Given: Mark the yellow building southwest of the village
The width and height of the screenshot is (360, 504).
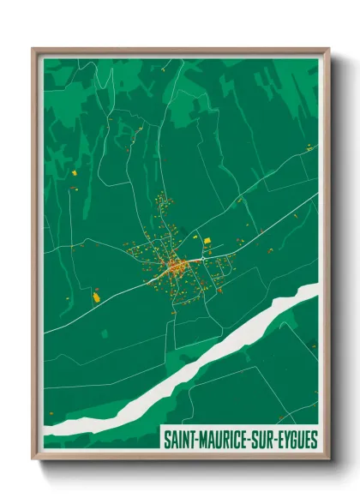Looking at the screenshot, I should coord(97,297).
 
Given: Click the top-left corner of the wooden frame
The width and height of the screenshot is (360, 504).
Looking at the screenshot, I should coord(33,49).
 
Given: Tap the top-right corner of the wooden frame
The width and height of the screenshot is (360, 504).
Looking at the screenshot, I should coord(327,49).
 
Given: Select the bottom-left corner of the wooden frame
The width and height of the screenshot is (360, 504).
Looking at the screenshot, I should coord(33,458).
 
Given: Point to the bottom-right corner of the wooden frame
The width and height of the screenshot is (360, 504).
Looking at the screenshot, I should coord(327,458).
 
